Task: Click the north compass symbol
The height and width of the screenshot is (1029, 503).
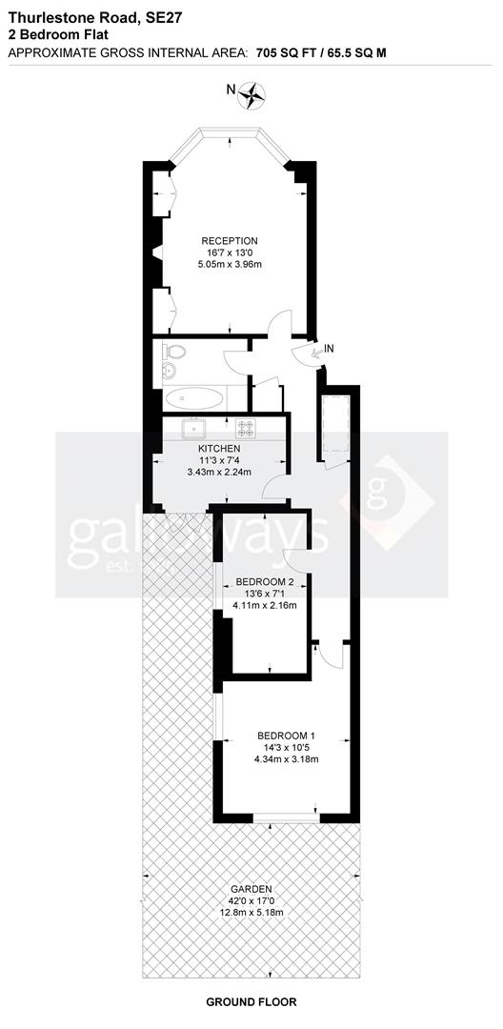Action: [253, 92]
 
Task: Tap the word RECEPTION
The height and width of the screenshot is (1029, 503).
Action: [230, 240]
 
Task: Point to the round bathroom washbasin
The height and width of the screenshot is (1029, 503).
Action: [172, 371]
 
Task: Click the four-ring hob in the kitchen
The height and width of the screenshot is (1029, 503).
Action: [246, 428]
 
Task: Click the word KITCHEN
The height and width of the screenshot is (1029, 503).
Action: [219, 448]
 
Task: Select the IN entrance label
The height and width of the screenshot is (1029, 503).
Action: [330, 350]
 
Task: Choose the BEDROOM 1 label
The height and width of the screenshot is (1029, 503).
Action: [285, 736]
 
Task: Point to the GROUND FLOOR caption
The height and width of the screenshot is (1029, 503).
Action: [251, 1001]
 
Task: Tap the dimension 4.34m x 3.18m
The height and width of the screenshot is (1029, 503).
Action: [285, 759]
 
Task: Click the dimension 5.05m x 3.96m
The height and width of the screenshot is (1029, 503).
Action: [230, 263]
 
